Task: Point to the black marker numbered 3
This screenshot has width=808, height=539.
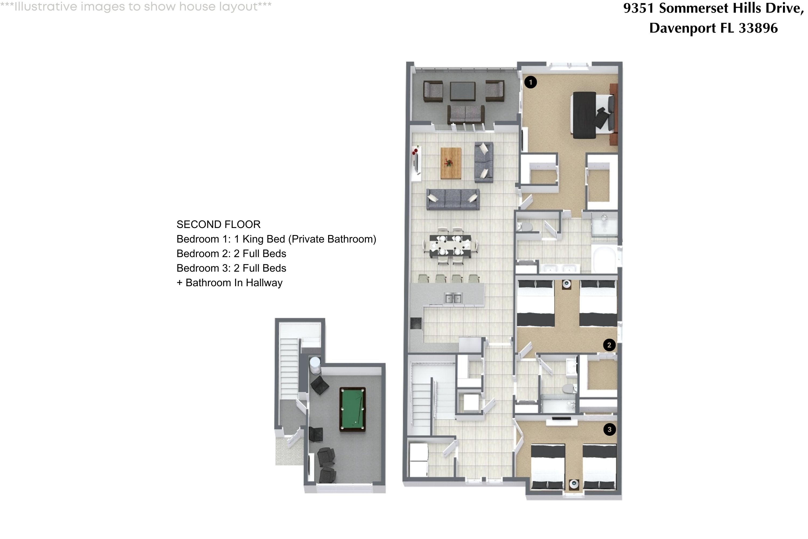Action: click(610, 429)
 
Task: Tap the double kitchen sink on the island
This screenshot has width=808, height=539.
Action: click(453, 298)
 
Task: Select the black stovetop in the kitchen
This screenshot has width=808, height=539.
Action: click(416, 323)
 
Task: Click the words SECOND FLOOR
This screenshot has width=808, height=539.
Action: click(218, 224)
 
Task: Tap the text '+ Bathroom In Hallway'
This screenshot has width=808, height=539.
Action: click(229, 282)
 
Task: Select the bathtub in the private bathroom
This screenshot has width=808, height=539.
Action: click(605, 260)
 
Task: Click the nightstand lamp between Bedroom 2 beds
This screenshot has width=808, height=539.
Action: click(566, 284)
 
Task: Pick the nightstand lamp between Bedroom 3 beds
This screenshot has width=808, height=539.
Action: click(574, 484)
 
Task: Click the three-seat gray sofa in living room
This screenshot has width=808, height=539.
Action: click(453, 199)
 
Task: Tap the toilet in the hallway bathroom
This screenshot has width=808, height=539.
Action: click(568, 389)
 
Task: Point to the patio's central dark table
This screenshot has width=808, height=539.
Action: click(462, 91)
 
